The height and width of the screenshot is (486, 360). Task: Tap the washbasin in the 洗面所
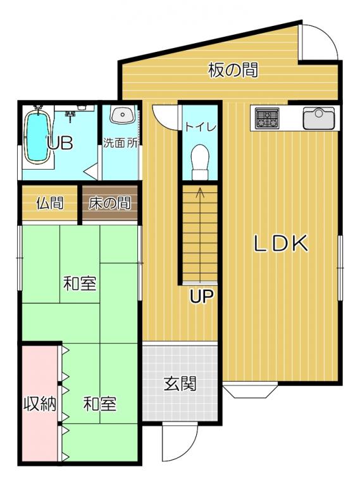(x=123, y=115)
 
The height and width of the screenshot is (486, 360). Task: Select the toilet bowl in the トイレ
(x=200, y=162)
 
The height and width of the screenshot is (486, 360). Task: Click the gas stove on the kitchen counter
(x=267, y=118)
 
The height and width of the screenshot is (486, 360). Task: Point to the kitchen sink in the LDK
(x=319, y=118)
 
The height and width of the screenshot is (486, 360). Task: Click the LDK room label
(x=281, y=243)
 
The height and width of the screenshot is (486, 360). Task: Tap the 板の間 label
(x=233, y=70)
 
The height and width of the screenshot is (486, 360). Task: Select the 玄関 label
(x=180, y=383)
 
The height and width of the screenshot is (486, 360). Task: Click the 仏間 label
(x=49, y=204)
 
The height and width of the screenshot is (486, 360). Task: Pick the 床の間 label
(x=109, y=204)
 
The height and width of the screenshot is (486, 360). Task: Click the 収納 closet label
(x=40, y=404)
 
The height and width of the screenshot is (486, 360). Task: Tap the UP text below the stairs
(x=201, y=296)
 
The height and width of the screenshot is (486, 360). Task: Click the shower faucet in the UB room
(x=71, y=116)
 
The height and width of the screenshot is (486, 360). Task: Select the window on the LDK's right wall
(x=340, y=268)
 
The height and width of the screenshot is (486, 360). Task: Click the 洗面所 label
(x=120, y=143)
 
